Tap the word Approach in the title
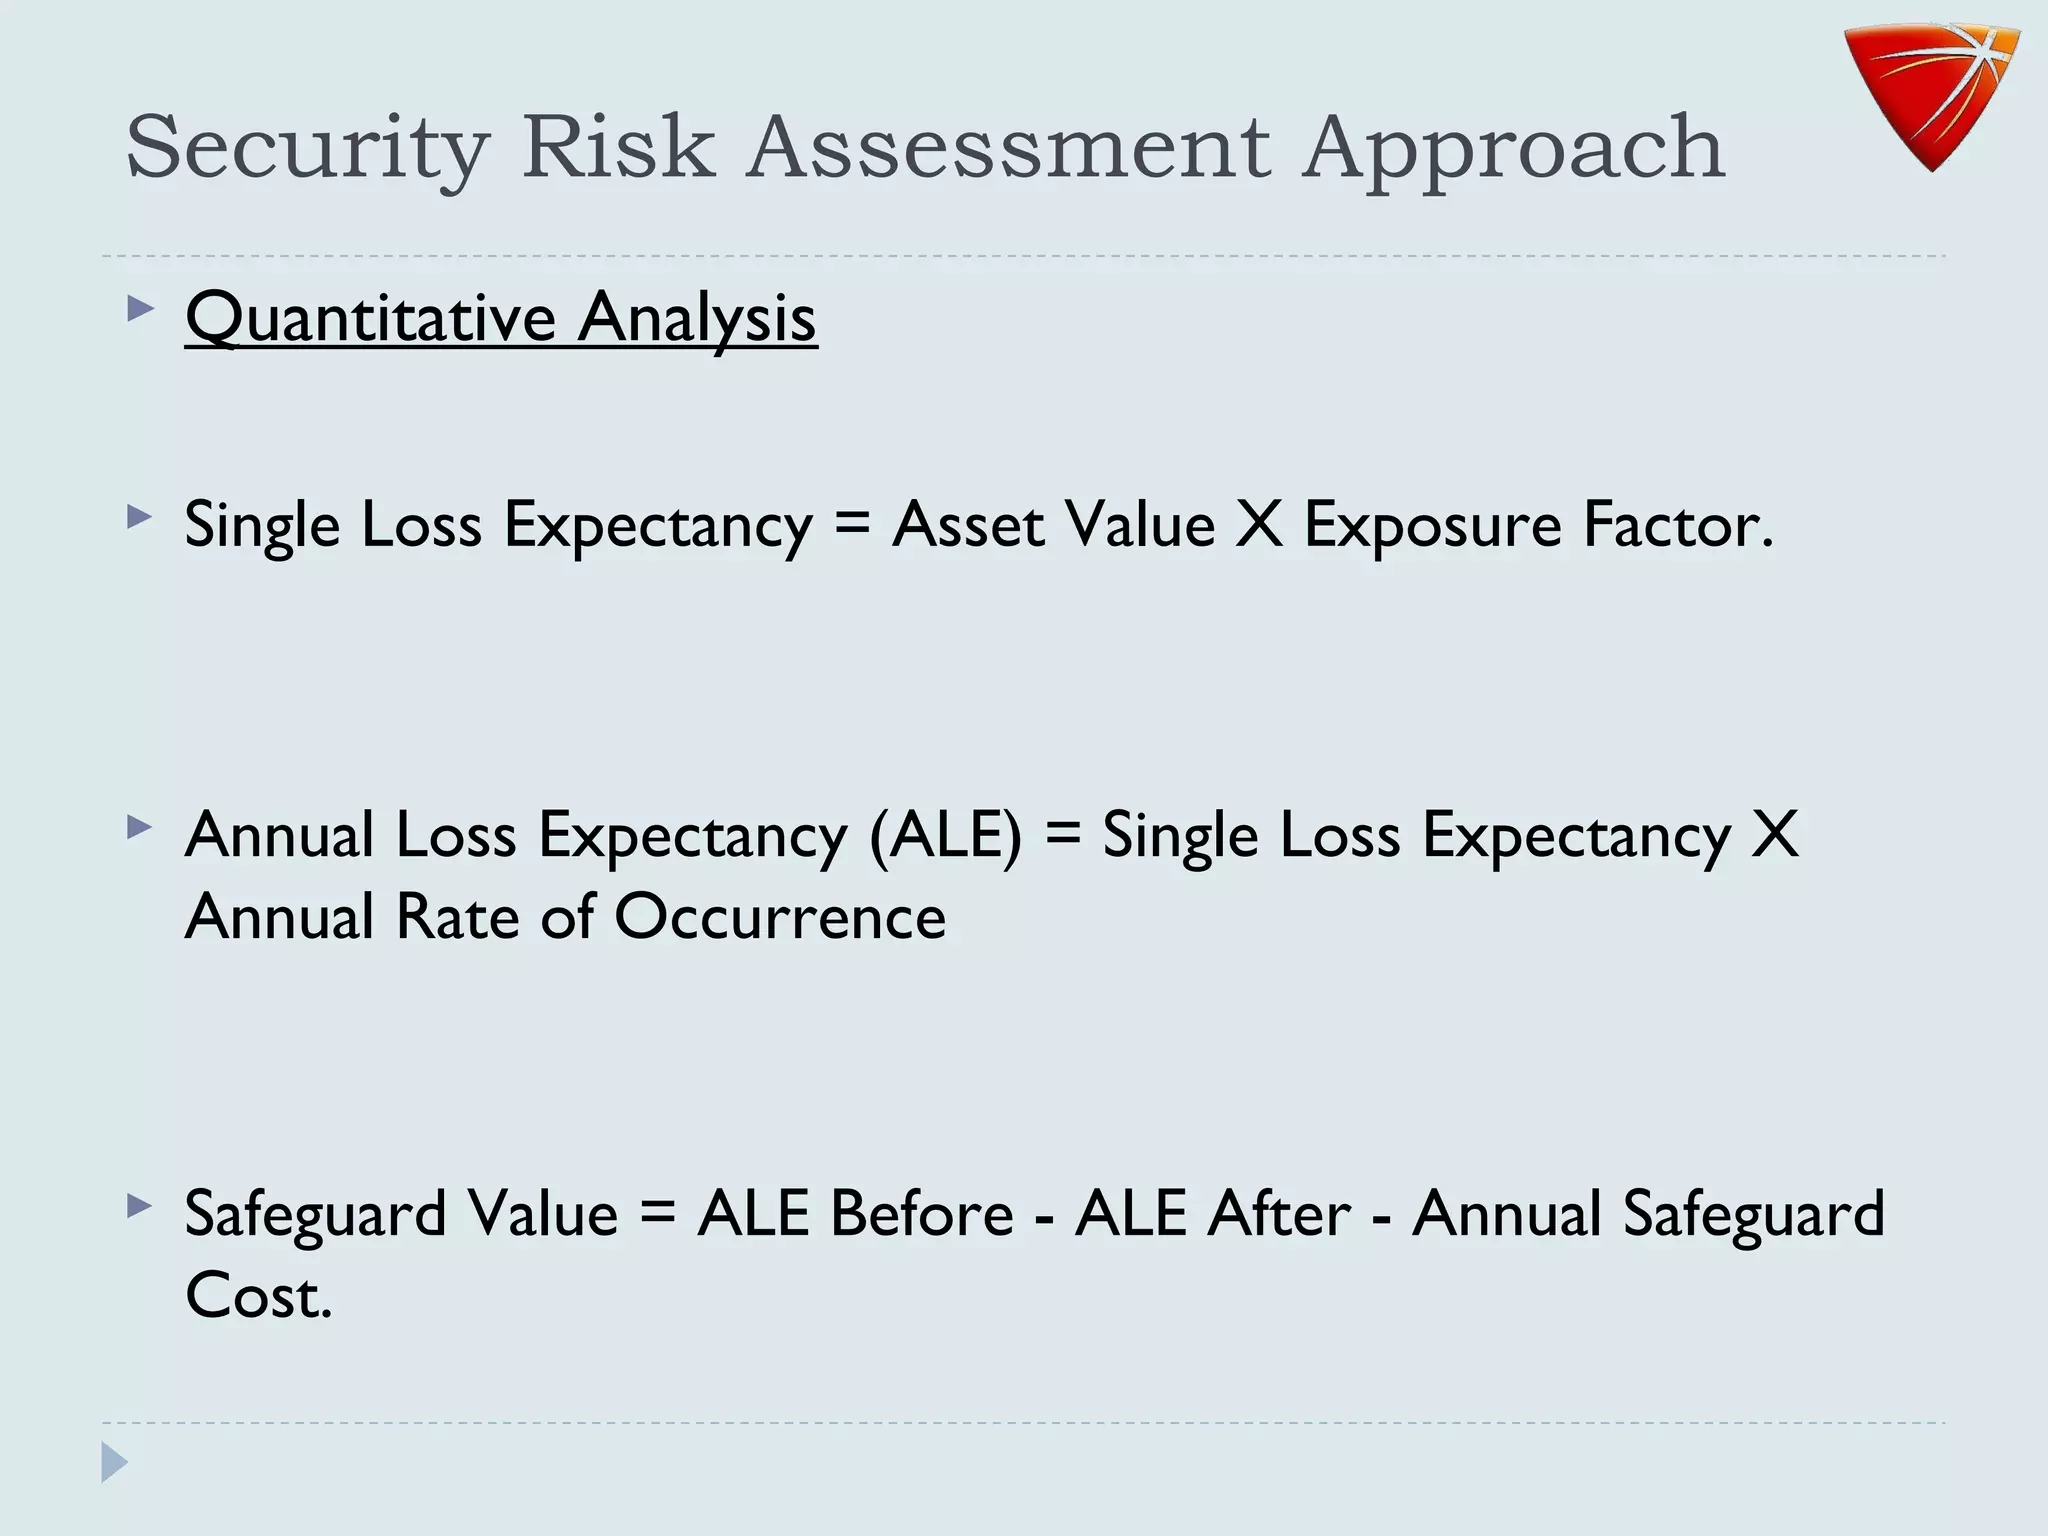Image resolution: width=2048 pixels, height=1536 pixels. click(x=1513, y=149)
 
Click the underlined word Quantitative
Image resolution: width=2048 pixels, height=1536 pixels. click(x=370, y=318)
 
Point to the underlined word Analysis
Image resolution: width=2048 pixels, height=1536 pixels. click(x=697, y=318)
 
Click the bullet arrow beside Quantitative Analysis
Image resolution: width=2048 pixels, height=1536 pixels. click(x=140, y=309)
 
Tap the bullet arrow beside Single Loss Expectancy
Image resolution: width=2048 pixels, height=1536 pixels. click(x=140, y=517)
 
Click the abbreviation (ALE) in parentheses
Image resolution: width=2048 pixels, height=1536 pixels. click(x=945, y=835)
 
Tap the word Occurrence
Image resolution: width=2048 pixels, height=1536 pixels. click(x=780, y=916)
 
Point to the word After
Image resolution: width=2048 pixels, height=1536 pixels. click(x=1279, y=1213)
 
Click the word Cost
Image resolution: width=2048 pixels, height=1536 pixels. click(x=257, y=1296)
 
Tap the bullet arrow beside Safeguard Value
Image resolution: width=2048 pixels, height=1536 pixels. click(x=140, y=1206)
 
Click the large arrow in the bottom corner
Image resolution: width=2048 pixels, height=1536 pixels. click(x=115, y=1463)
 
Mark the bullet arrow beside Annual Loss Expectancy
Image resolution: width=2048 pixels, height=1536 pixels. click(x=140, y=827)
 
